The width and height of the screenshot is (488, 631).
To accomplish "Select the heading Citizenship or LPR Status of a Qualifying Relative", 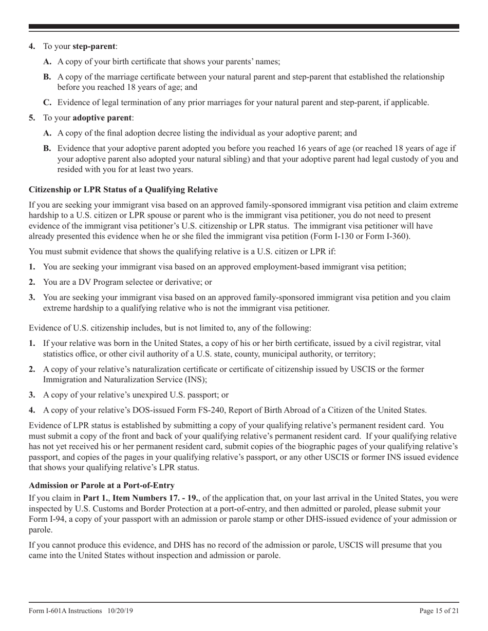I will click(x=123, y=190).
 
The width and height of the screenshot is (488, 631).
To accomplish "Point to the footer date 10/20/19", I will click(x=121, y=611).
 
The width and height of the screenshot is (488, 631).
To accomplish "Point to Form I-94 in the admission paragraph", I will click(x=46, y=519).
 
